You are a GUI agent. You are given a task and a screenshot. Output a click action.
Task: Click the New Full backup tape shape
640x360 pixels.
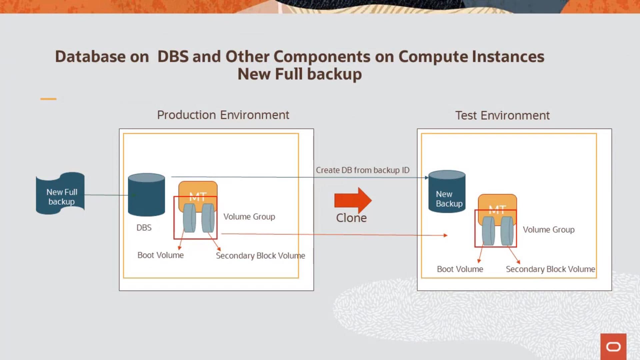coord(60,194)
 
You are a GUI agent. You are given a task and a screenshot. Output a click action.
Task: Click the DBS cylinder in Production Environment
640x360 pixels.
coord(146,195)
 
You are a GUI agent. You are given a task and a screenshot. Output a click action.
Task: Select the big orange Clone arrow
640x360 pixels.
coord(353,200)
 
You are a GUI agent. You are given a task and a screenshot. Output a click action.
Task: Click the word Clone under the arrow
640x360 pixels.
coord(351,218)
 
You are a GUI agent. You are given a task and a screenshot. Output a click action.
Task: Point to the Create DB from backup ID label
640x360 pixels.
coord(363,170)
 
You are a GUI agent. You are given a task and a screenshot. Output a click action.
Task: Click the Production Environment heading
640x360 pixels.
coord(223,115)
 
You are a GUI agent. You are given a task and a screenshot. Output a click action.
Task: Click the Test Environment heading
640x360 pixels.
coord(502,116)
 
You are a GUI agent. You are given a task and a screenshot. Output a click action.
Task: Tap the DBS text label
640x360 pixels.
coord(144,228)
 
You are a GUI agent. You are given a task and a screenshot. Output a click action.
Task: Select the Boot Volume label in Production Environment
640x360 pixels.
coord(160,255)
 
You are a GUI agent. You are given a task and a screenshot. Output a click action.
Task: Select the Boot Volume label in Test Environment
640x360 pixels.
coord(460,269)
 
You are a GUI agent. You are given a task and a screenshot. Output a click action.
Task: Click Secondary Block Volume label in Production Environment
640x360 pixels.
coord(260,256)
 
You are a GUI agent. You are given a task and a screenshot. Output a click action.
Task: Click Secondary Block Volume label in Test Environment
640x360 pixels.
coord(550,269)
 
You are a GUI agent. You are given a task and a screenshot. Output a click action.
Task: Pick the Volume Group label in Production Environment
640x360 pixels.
coord(249,217)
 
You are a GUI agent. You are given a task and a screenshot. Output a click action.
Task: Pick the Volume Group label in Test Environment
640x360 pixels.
coord(549,230)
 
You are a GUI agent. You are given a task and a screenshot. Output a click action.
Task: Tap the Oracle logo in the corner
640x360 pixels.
coord(613,347)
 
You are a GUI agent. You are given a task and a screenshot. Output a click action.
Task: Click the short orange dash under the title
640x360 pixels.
coord(48,99)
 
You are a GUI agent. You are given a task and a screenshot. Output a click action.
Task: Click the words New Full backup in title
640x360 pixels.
coord(299,74)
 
